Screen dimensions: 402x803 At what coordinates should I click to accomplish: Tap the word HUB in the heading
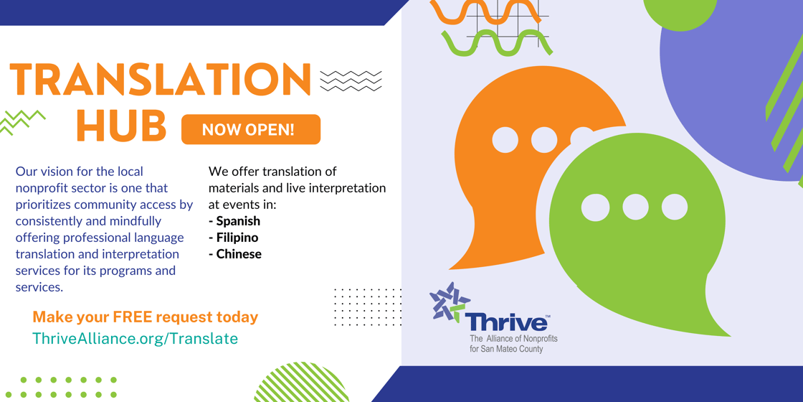pos(121,126)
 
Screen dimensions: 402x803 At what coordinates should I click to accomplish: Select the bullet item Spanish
pos(237,221)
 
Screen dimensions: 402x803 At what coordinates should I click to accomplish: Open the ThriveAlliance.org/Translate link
pos(135,339)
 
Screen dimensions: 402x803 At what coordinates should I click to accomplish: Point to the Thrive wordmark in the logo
pos(506,322)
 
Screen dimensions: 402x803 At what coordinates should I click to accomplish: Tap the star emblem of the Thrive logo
pos(449,301)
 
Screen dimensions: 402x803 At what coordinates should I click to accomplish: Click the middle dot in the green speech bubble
pos(635,207)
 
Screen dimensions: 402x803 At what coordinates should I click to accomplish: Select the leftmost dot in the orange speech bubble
pos(505,140)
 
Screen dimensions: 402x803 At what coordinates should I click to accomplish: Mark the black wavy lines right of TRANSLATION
pos(351,80)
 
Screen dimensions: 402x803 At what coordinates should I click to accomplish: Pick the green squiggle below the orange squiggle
pos(498,44)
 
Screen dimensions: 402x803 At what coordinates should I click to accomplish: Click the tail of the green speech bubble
pos(710,316)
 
